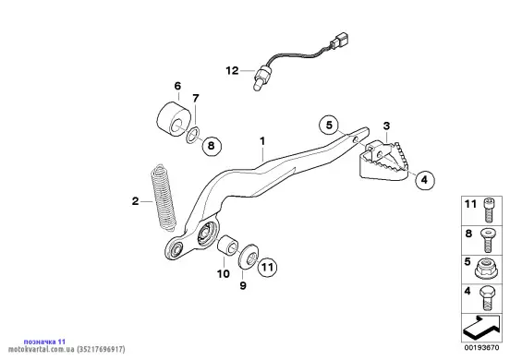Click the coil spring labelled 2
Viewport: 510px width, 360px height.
[x=164, y=198]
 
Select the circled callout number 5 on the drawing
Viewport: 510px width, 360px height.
[x=329, y=125]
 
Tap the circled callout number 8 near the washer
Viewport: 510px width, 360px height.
[x=212, y=146]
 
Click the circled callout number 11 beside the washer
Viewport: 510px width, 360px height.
[x=267, y=267]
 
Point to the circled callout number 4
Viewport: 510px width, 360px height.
[x=424, y=179]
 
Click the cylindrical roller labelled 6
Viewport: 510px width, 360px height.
[x=174, y=118]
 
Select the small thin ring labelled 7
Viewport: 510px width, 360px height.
[x=193, y=135]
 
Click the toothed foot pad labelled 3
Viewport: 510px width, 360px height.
[x=382, y=162]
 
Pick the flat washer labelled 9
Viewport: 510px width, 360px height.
[x=249, y=257]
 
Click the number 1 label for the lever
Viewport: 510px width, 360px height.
[x=262, y=141]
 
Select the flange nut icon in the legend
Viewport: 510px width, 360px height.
[x=486, y=269]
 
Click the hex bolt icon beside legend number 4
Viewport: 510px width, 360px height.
[x=487, y=298]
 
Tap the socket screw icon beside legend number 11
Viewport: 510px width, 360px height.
[x=489, y=210]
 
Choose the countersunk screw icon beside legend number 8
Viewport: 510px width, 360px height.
[x=488, y=240]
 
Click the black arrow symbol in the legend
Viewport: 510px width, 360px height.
[x=481, y=327]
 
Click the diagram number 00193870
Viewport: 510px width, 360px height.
[x=481, y=348]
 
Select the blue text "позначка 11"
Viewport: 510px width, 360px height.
[x=44, y=342]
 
